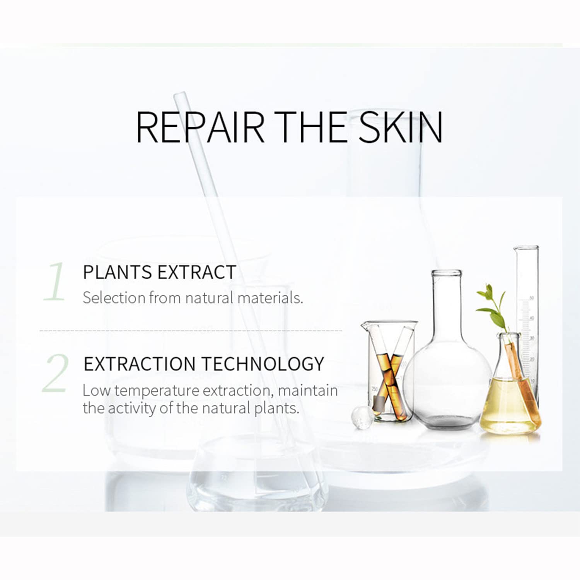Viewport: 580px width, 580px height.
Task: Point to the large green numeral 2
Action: (x=56, y=373)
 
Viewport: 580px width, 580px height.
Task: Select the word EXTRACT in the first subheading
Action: (x=197, y=272)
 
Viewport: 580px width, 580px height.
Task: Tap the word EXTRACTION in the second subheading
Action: (x=140, y=364)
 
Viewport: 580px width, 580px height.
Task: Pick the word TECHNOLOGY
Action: (x=263, y=364)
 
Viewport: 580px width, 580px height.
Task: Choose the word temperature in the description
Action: (x=157, y=391)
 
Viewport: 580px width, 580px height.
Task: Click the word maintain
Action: (x=308, y=391)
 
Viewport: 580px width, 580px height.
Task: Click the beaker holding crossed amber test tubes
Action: (x=390, y=371)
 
